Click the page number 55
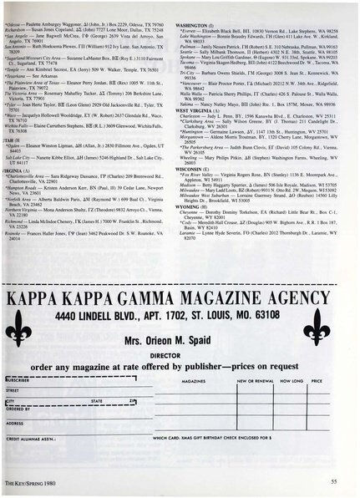(x=332, y=481)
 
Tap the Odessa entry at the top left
(x=17, y=3)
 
